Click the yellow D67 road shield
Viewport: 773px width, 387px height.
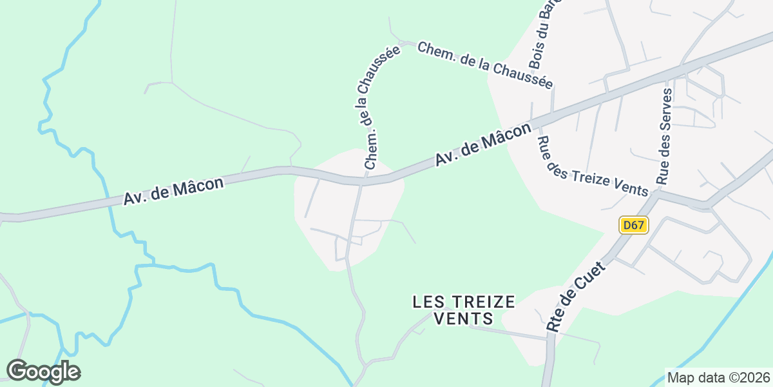pos(634,225)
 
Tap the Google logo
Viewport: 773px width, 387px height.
pos(43,372)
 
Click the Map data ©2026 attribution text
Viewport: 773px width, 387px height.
pos(718,377)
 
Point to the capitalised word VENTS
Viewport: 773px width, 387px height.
pos(464,319)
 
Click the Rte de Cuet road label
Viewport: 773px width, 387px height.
pos(575,297)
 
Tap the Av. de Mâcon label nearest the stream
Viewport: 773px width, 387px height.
pos(173,192)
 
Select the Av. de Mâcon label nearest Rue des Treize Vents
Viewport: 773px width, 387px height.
pos(483,144)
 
